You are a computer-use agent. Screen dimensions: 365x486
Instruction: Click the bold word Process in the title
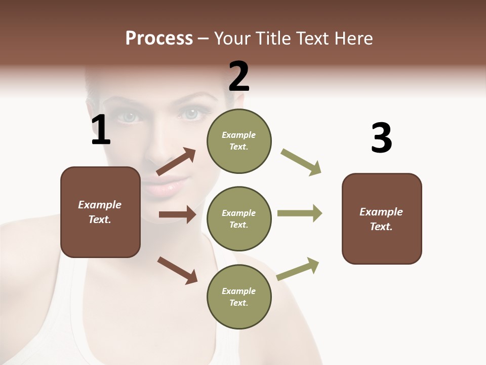click(159, 39)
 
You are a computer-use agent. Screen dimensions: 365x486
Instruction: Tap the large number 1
click(101, 130)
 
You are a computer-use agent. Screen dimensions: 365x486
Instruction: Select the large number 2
click(239, 76)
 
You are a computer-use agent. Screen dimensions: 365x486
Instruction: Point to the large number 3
click(381, 138)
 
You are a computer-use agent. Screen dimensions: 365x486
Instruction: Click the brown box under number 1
click(100, 212)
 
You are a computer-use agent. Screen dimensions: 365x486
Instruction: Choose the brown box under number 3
click(382, 218)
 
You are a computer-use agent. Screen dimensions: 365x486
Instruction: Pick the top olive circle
click(239, 141)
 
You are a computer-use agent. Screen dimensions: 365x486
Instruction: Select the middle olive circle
click(239, 218)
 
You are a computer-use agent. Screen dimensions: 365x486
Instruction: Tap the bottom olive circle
click(239, 297)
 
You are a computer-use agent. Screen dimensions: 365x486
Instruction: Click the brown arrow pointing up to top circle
click(176, 162)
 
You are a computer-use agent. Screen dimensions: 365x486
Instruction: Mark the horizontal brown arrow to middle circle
click(177, 214)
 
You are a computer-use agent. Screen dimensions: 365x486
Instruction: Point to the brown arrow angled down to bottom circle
click(177, 270)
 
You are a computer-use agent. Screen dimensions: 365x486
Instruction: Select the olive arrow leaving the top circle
click(301, 162)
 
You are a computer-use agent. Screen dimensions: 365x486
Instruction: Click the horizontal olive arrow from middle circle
click(300, 213)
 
